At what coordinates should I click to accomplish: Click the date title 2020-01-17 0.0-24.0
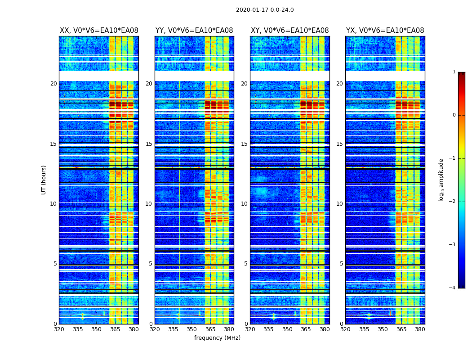[x=265, y=10]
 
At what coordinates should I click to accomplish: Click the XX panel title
[x=99, y=31]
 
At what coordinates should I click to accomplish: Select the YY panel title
[x=194, y=31]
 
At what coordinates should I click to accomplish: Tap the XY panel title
[x=289, y=31]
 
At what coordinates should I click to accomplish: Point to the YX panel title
[x=385, y=31]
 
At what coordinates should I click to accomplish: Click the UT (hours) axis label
[x=44, y=180]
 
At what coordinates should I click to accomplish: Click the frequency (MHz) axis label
[x=217, y=338]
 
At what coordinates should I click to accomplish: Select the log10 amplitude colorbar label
[x=441, y=180]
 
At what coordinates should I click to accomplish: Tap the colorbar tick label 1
[x=454, y=72]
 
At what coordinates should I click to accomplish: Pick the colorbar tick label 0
[x=454, y=115]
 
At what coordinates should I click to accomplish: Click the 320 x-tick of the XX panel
[x=59, y=329]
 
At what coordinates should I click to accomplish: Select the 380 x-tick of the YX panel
[x=420, y=329]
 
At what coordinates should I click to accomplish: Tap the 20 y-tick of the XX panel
[x=53, y=84]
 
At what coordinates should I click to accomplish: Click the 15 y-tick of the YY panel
[x=149, y=144]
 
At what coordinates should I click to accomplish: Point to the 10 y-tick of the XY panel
[x=244, y=204]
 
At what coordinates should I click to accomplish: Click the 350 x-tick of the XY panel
[x=287, y=329]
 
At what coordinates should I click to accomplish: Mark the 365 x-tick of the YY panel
[x=210, y=329]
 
